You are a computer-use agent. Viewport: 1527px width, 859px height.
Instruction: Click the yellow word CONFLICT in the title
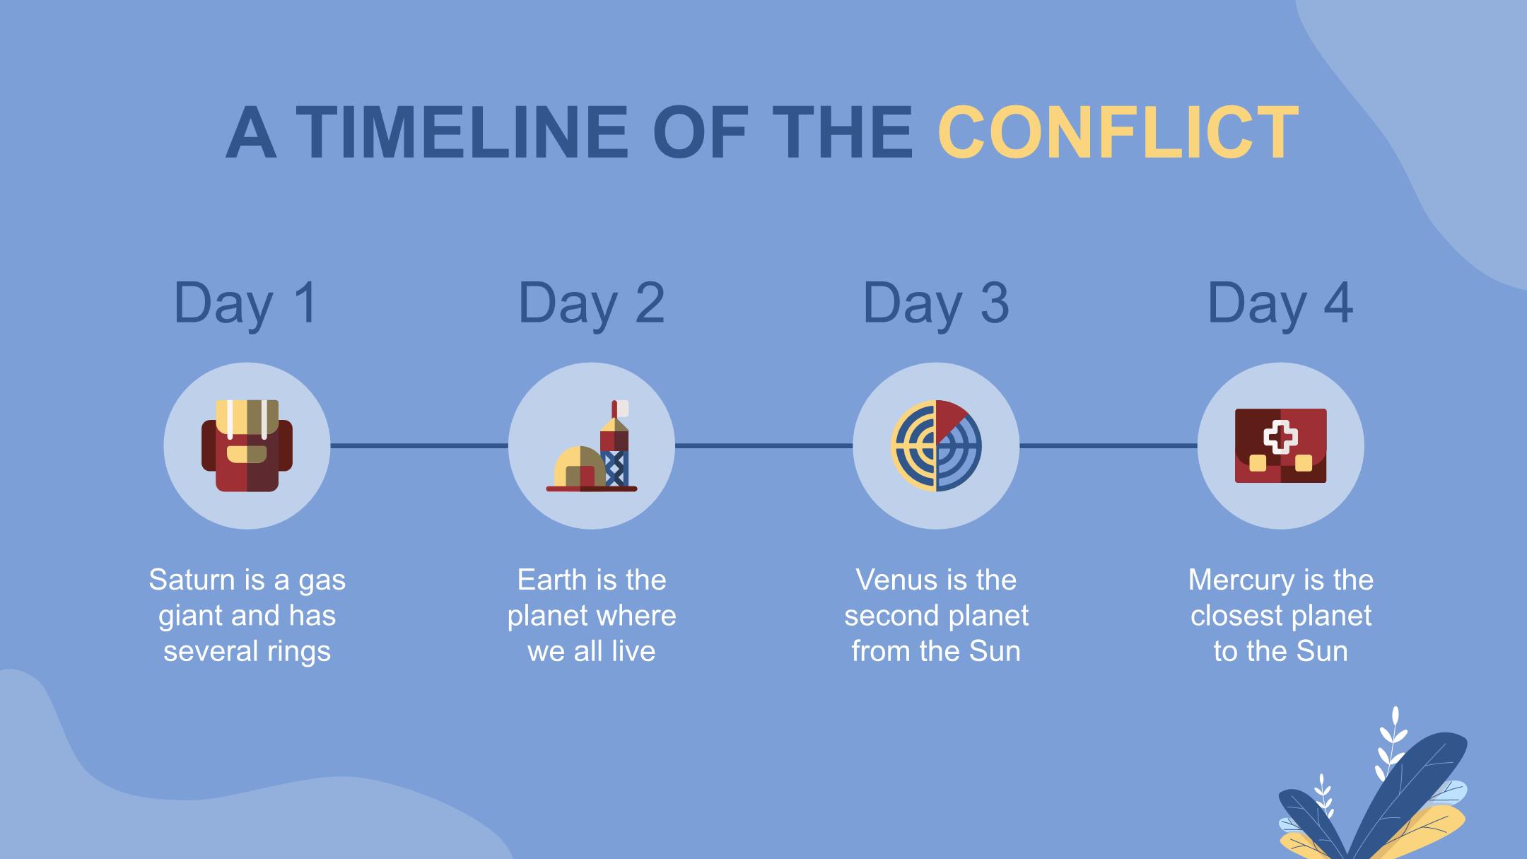pos(1118,133)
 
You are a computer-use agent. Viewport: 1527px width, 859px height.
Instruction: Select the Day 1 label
pos(246,304)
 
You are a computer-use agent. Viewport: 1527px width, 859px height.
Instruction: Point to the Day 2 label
pos(591,304)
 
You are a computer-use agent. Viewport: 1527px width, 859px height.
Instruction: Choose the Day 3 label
pos(936,304)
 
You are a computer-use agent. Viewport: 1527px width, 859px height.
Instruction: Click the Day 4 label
pos(1280,304)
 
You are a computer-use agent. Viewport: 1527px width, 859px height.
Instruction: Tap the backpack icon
pos(247,445)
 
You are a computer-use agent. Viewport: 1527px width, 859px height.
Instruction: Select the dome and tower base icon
pos(592,445)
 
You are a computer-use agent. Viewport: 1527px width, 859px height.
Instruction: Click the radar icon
pos(936,445)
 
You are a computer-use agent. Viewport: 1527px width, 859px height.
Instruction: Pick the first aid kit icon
pos(1280,445)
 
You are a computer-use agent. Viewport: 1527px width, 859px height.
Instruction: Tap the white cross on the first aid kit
pos(1280,437)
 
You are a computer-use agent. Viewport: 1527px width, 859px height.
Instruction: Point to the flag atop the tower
pos(620,408)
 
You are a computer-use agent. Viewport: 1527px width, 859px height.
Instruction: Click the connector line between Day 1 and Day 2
pos(419,445)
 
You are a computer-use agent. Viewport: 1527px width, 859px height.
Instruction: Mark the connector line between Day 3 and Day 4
pos(1108,445)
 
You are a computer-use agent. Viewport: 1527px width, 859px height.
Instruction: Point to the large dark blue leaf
pos(1407,792)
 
